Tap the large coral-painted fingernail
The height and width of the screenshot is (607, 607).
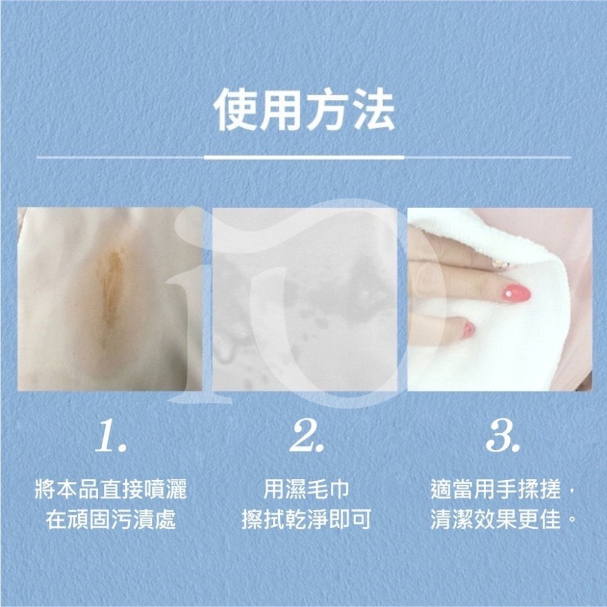click(517, 293)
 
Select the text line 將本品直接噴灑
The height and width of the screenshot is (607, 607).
click(111, 489)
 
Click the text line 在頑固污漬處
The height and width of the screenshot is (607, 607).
click(111, 520)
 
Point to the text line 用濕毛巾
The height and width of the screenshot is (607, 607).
click(306, 489)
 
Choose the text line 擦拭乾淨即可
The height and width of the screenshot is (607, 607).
click(306, 520)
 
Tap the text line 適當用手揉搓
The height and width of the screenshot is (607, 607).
click(496, 489)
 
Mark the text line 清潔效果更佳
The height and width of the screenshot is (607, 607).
click(496, 520)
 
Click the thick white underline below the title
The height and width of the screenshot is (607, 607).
click(304, 157)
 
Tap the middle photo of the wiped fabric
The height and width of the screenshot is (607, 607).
click(305, 299)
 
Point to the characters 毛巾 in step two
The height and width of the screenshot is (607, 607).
click(328, 489)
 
